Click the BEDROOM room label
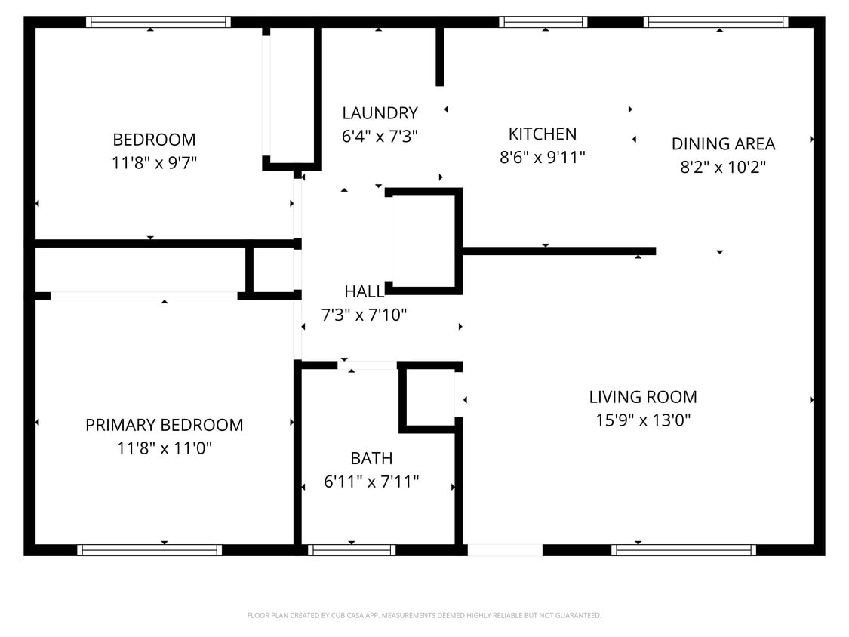[x=154, y=140]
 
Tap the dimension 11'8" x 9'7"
[x=154, y=163]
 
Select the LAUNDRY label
[x=380, y=113]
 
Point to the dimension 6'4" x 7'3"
[x=380, y=137]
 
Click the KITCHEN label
[x=543, y=134]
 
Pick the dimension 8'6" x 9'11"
[x=543, y=157]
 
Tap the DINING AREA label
[x=723, y=143]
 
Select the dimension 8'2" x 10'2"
[x=723, y=167]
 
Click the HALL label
[x=365, y=291]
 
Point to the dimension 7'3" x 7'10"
[x=365, y=315]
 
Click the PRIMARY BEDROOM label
[x=164, y=425]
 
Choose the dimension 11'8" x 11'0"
[x=164, y=448]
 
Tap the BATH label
[x=371, y=458]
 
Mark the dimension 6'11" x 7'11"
[x=371, y=482]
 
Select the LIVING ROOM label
[x=643, y=397]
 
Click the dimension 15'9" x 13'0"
[x=643, y=420]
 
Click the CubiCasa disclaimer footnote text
[x=424, y=616]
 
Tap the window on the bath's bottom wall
[x=352, y=550]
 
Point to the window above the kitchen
[x=543, y=22]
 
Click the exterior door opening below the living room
[x=505, y=550]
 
